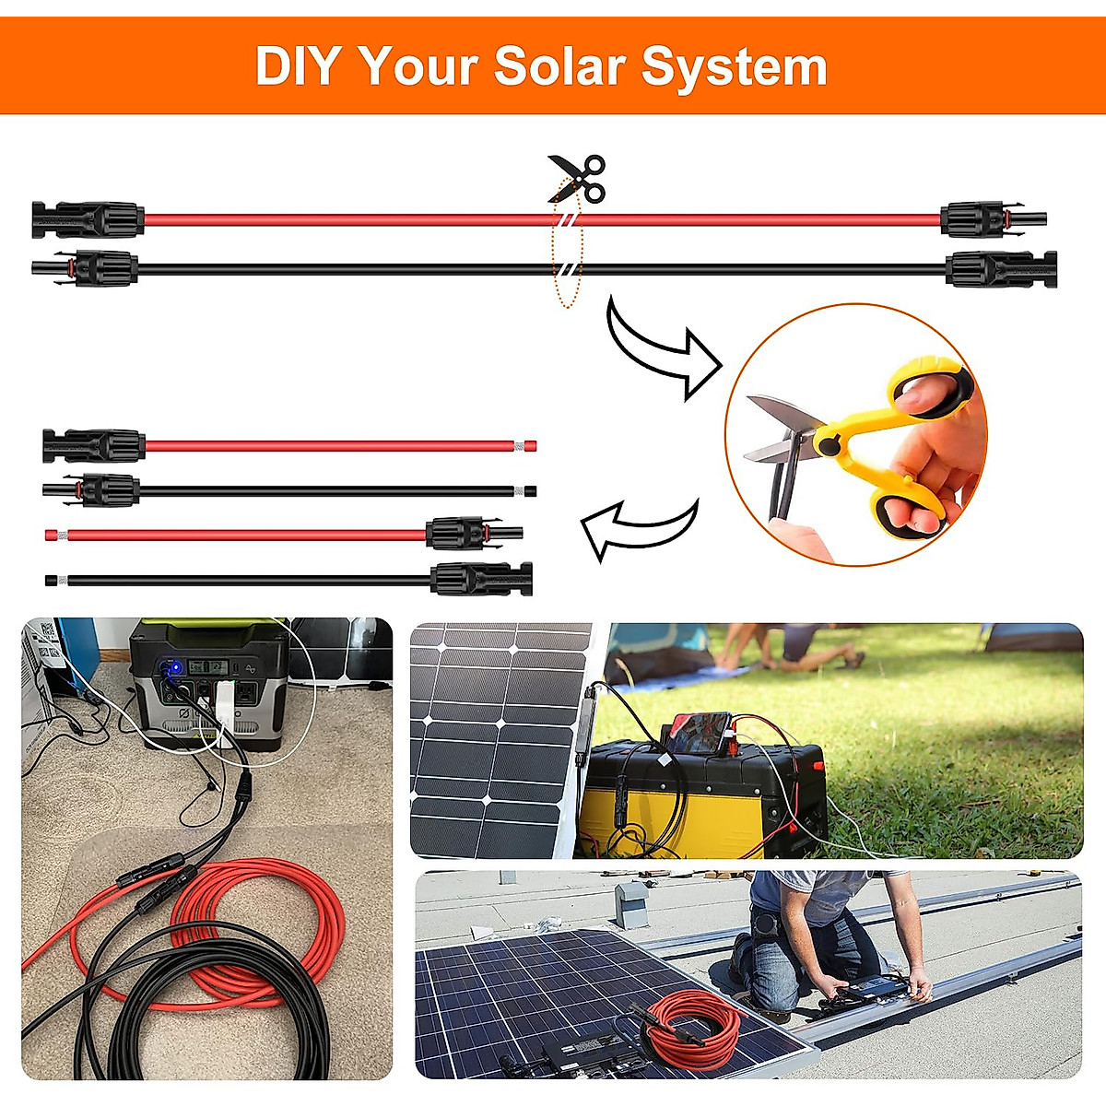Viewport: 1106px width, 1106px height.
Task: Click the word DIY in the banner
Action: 298,66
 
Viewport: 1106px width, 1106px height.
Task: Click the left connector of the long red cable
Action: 88,220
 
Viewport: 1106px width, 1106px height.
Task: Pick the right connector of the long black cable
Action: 1001,269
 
